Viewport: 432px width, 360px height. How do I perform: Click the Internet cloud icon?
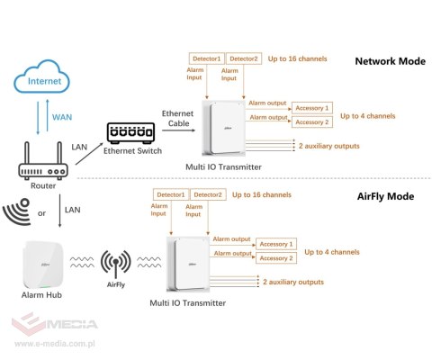tap(41, 76)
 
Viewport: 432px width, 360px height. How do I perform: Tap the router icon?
tap(43, 161)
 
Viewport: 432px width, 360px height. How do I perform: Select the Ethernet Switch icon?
tap(130, 133)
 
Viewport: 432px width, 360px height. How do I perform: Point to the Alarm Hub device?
tap(43, 265)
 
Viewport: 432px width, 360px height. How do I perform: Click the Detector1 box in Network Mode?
tap(207, 58)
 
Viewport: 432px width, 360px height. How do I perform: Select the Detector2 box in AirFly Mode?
tap(208, 194)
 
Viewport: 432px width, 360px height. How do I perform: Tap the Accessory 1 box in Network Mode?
tap(312, 108)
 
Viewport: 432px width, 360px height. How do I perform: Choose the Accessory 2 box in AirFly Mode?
tap(276, 258)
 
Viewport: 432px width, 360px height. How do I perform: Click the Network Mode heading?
tap(390, 61)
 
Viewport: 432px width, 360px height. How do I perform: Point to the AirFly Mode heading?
tap(385, 196)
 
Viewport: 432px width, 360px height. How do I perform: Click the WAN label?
tap(62, 117)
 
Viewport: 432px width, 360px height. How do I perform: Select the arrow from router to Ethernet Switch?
tap(89, 154)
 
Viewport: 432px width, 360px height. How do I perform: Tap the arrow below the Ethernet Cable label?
tap(179, 130)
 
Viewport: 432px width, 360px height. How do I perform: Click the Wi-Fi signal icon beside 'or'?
tap(17, 211)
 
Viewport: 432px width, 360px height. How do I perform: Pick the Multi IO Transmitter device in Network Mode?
tap(224, 128)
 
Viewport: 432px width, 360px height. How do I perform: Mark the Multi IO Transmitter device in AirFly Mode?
tap(188, 264)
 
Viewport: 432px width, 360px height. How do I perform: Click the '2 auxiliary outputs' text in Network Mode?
tap(328, 146)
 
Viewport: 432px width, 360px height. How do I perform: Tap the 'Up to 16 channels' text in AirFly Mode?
tap(262, 195)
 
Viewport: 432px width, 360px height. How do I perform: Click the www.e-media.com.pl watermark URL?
tap(55, 344)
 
